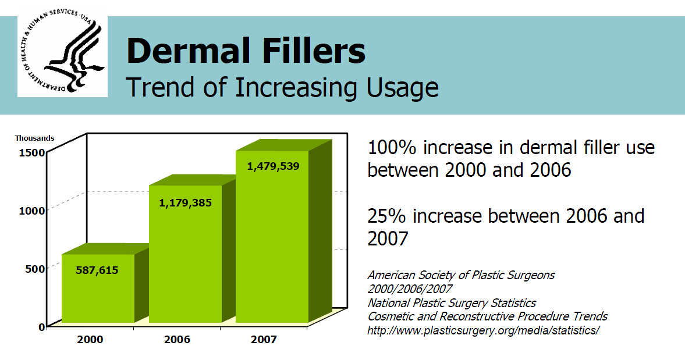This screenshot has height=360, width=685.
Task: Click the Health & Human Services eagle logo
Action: pyautogui.click(x=62, y=56)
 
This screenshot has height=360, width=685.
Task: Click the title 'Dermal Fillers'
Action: pyautogui.click(x=246, y=51)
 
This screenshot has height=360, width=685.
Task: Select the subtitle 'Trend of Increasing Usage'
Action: pyautogui.click(x=282, y=87)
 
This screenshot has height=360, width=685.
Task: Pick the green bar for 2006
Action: pyautogui.click(x=185, y=256)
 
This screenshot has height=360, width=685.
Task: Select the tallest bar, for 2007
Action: pyautogui.click(x=272, y=238)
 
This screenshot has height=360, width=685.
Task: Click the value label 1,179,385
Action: pyautogui.click(x=185, y=203)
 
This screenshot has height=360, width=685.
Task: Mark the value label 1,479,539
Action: pyautogui.click(x=273, y=166)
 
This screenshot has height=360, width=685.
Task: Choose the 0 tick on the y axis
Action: pyautogui.click(x=42, y=326)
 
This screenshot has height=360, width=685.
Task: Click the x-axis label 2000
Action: pyautogui.click(x=90, y=339)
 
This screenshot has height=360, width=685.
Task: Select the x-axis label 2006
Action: pyautogui.click(x=177, y=339)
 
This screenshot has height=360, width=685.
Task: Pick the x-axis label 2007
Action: pyautogui.click(x=264, y=339)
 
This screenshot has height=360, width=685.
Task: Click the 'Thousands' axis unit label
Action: pyautogui.click(x=35, y=138)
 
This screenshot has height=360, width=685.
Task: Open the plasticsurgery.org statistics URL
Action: pyautogui.click(x=483, y=330)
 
